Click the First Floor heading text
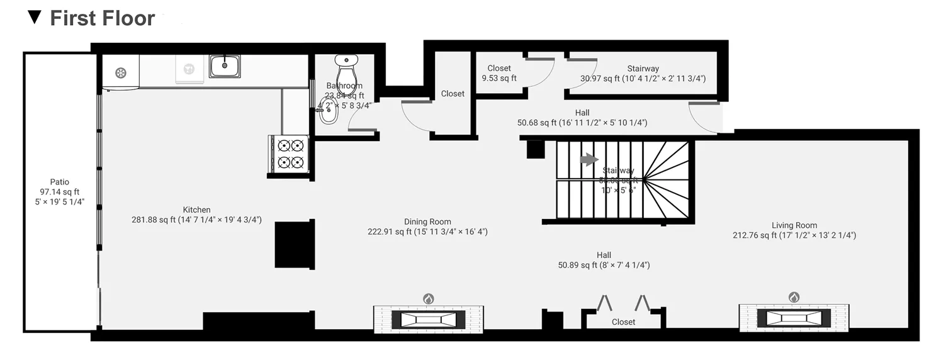tap(102, 18)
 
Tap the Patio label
tap(60, 182)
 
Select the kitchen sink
tap(225, 65)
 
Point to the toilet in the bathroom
tap(346, 72)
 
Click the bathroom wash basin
tap(327, 115)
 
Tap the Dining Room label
tap(427, 222)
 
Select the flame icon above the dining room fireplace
tap(428, 298)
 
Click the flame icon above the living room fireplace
tap(794, 297)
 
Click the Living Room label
tap(794, 225)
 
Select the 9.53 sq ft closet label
tap(499, 78)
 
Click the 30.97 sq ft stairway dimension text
tap(643, 79)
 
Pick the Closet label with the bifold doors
tap(623, 322)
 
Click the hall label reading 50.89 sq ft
tap(604, 265)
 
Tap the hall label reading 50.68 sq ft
tap(582, 123)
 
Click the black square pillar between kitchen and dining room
tap(294, 244)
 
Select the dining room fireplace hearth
tap(428, 319)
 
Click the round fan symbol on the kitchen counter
tap(121, 73)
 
